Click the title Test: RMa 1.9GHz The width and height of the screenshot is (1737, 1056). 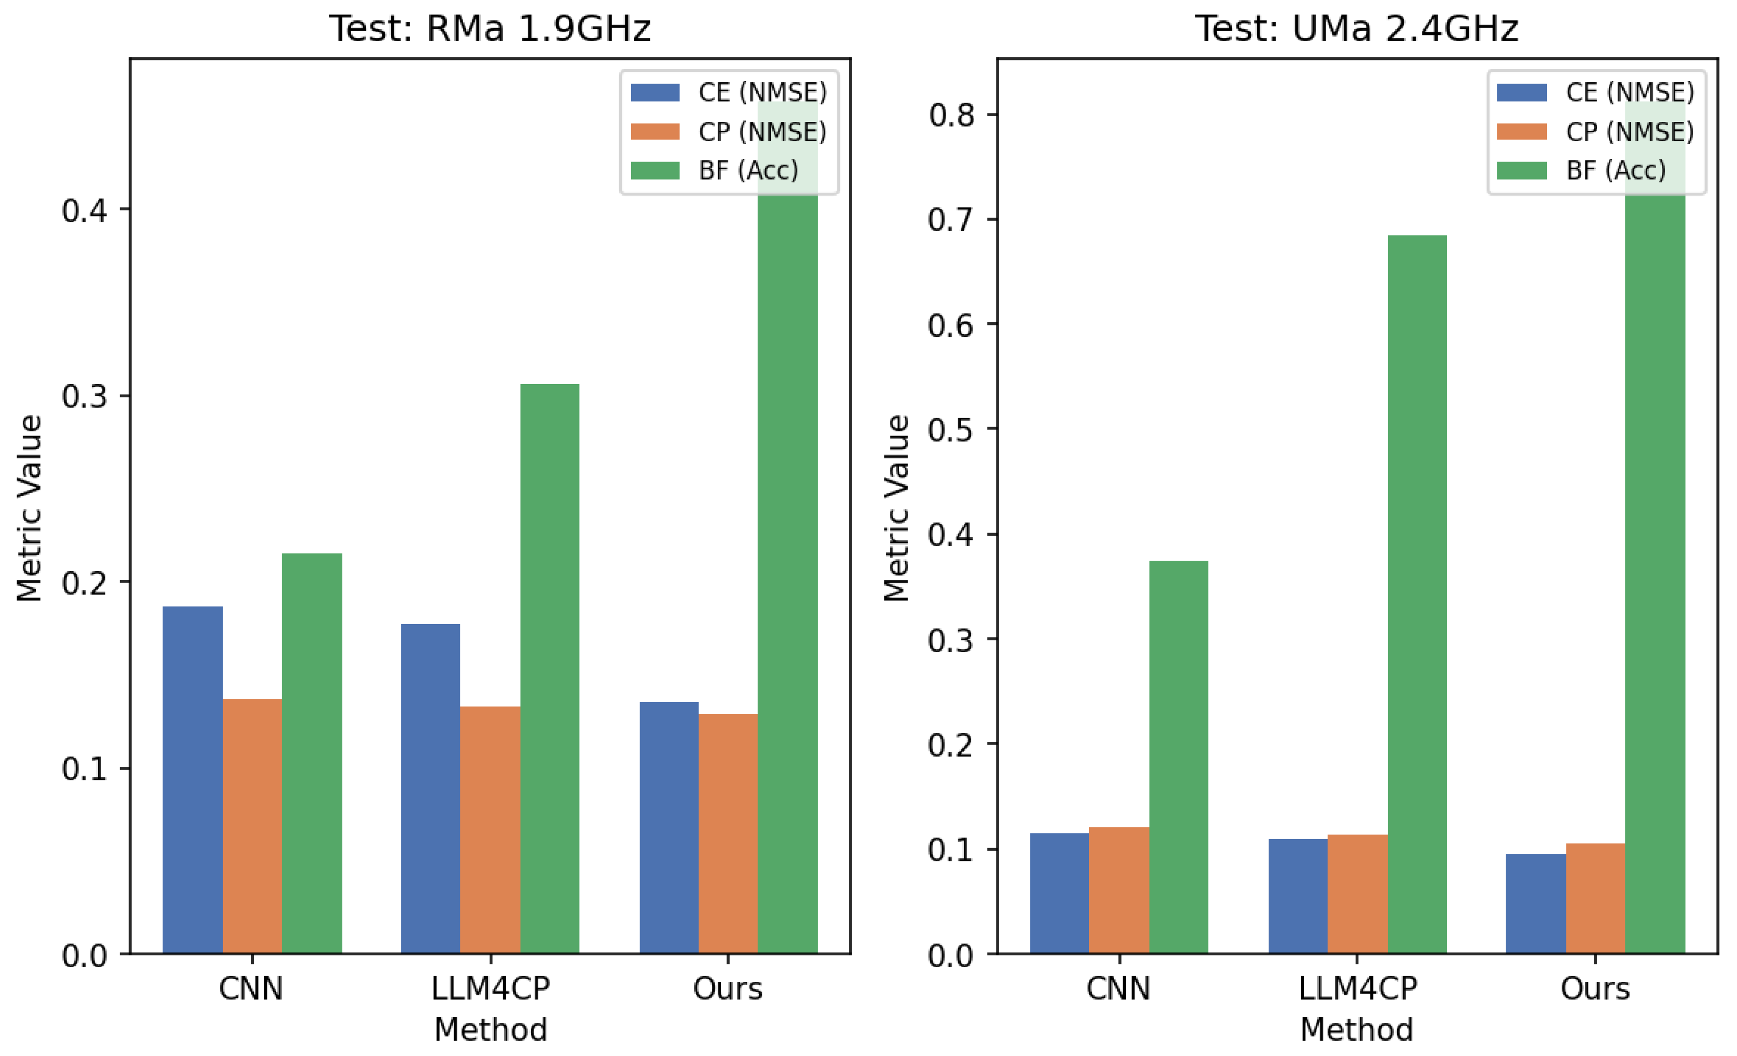click(x=490, y=29)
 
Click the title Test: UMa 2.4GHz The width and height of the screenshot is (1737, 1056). click(x=1357, y=29)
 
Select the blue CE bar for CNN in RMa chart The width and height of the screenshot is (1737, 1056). click(x=192, y=779)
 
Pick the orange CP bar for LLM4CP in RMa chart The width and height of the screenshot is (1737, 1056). click(x=490, y=829)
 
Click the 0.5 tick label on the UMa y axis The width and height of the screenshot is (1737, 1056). click(x=951, y=430)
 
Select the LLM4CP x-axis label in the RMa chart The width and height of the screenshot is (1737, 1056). click(x=490, y=988)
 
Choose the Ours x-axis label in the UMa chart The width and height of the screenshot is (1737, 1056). click(x=1595, y=988)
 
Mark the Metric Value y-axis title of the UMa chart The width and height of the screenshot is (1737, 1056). click(x=896, y=507)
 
